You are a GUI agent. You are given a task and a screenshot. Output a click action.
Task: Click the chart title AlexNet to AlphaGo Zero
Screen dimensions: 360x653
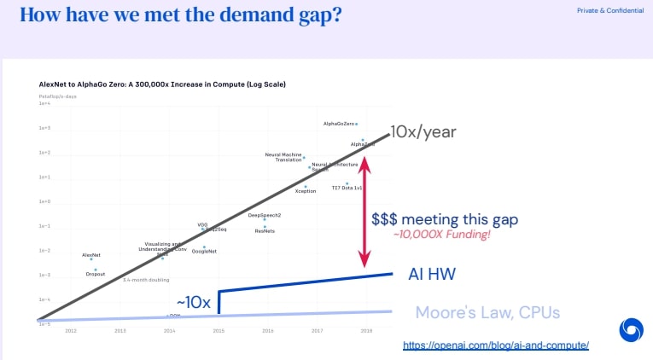click(x=161, y=84)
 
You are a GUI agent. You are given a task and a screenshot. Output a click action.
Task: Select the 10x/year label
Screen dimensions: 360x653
click(x=423, y=131)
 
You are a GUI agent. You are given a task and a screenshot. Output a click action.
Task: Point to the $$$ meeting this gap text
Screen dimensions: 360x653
click(x=445, y=219)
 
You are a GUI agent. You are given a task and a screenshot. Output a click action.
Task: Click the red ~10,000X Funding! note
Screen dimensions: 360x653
click(x=441, y=235)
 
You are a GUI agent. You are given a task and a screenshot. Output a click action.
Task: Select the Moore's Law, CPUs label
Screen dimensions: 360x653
click(x=487, y=312)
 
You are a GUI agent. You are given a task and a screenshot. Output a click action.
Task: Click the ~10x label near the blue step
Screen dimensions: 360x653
click(x=194, y=303)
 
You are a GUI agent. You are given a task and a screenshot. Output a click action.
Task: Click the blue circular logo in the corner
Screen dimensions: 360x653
click(x=631, y=330)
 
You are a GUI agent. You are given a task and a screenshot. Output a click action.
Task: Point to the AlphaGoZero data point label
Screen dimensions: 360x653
click(x=339, y=124)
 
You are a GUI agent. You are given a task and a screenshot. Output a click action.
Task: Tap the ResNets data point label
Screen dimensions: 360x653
click(x=265, y=231)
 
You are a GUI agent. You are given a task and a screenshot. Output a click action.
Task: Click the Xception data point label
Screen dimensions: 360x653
click(x=306, y=191)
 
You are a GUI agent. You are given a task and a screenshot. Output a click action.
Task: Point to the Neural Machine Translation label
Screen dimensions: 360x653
click(x=283, y=157)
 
